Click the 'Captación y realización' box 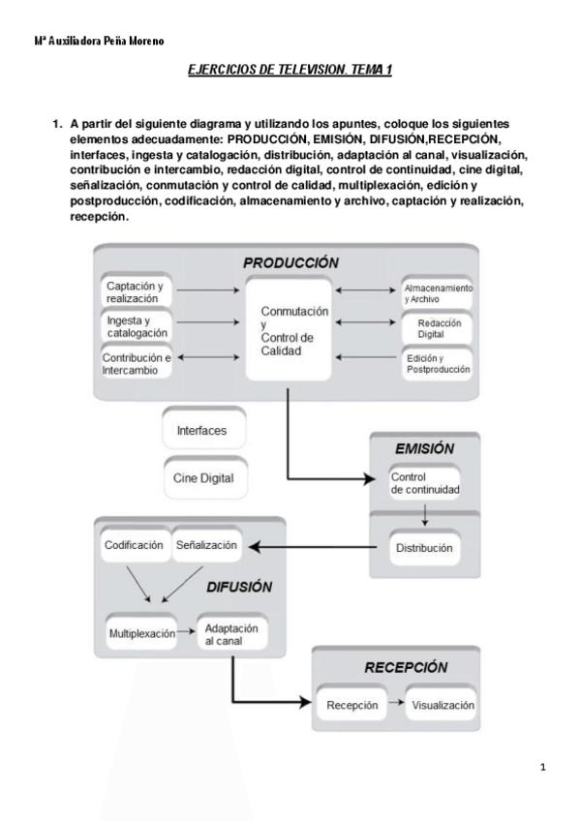(x=135, y=292)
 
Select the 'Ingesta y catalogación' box (x=135, y=326)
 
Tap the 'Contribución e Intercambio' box (x=137, y=362)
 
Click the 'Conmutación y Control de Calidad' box (x=288, y=330)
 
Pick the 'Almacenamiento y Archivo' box (x=438, y=293)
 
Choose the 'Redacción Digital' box (x=438, y=328)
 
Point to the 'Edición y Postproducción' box (x=438, y=364)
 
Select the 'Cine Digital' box (x=203, y=477)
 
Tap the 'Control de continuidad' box (x=425, y=484)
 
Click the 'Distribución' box (x=424, y=548)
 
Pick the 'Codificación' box (x=134, y=545)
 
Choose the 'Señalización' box (x=206, y=545)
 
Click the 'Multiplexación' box (x=141, y=634)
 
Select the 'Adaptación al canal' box (x=230, y=634)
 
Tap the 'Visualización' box (x=443, y=706)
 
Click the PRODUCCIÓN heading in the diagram (x=290, y=263)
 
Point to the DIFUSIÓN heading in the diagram (x=239, y=587)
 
